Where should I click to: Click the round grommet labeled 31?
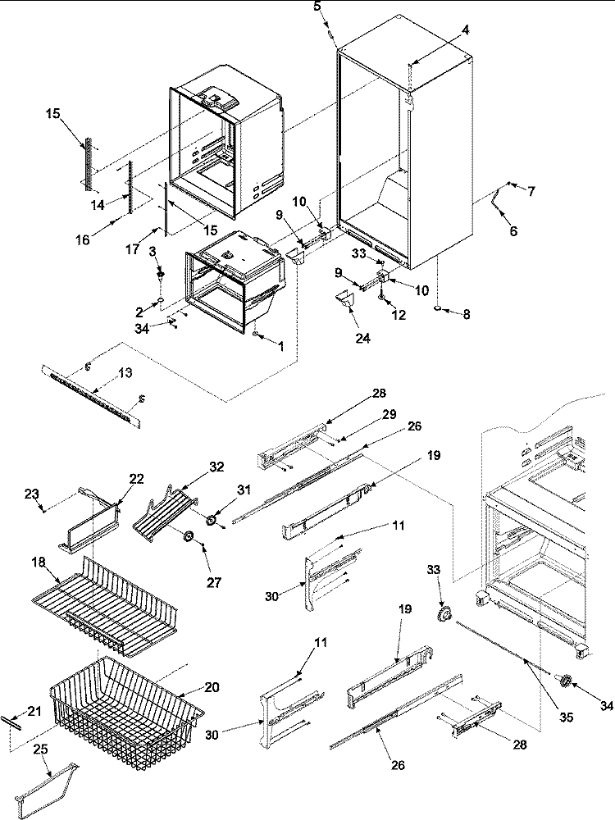tap(212, 518)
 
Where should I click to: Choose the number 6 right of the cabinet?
tap(514, 231)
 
